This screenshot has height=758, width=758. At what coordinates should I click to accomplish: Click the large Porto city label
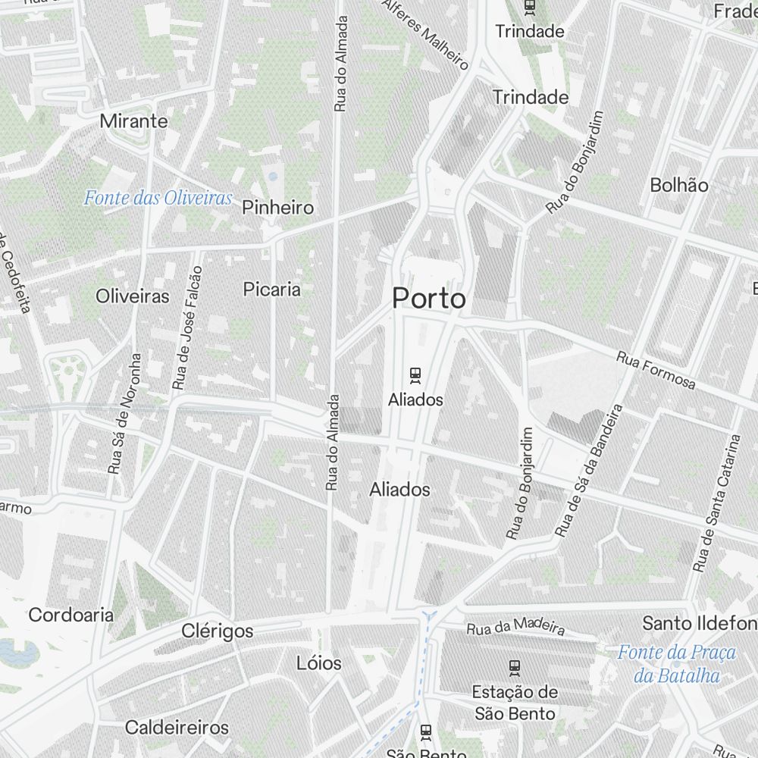pyautogui.click(x=429, y=299)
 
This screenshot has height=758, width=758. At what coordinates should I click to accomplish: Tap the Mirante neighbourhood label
pyautogui.click(x=133, y=121)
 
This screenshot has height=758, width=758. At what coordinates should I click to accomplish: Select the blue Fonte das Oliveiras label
pyautogui.click(x=158, y=199)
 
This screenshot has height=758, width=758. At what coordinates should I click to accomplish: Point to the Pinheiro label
pyautogui.click(x=277, y=207)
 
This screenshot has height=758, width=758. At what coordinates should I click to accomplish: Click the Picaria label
pyautogui.click(x=271, y=289)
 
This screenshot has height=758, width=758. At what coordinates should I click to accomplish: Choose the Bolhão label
pyautogui.click(x=679, y=185)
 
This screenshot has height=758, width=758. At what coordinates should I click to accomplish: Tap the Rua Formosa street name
pyautogui.click(x=656, y=370)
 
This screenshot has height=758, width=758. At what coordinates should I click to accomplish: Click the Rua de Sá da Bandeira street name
pyautogui.click(x=588, y=471)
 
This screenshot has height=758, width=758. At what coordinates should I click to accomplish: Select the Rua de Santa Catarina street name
pyautogui.click(x=716, y=502)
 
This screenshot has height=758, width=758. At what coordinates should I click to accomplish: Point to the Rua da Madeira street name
pyautogui.click(x=515, y=626)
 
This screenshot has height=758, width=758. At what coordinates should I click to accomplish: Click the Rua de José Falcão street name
pyautogui.click(x=188, y=327)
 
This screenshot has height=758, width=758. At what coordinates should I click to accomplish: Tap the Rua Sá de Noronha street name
pyautogui.click(x=126, y=413)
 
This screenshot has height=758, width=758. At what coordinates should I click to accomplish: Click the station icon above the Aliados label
pyautogui.click(x=415, y=374)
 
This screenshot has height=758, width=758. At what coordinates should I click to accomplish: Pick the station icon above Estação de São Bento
pyautogui.click(x=515, y=667)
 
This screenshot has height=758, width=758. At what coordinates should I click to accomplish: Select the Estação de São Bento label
pyautogui.click(x=515, y=703)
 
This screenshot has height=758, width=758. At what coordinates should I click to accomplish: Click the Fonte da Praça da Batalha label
pyautogui.click(x=677, y=663)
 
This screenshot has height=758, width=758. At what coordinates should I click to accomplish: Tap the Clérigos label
pyautogui.click(x=218, y=630)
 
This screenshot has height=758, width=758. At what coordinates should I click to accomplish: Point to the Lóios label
pyautogui.click(x=319, y=663)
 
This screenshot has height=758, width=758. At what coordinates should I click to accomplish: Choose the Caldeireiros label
pyautogui.click(x=177, y=728)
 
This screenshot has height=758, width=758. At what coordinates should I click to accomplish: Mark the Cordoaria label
pyautogui.click(x=71, y=614)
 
